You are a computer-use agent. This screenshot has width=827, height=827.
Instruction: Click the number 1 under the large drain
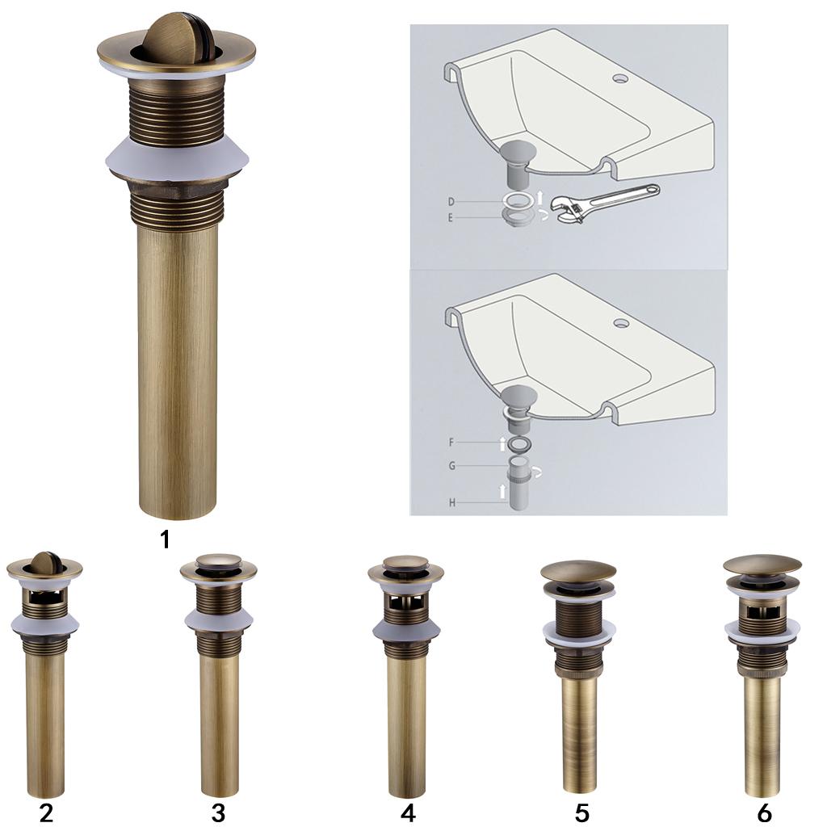tap(165, 539)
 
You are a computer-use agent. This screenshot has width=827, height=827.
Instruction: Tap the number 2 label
tap(46, 812)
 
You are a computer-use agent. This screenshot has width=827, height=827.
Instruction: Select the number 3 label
tap(218, 812)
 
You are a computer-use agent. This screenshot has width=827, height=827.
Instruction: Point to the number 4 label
tap(408, 812)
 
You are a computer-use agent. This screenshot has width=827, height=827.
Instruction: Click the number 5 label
tap(581, 812)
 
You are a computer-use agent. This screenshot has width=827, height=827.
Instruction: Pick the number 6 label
tap(764, 812)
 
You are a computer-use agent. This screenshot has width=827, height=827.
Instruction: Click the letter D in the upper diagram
tap(451, 201)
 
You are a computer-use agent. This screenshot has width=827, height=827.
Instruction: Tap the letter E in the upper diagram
tap(451, 217)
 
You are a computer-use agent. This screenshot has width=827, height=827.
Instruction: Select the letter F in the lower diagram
tap(451, 442)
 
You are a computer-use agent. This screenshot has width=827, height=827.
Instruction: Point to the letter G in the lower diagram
tap(451, 466)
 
